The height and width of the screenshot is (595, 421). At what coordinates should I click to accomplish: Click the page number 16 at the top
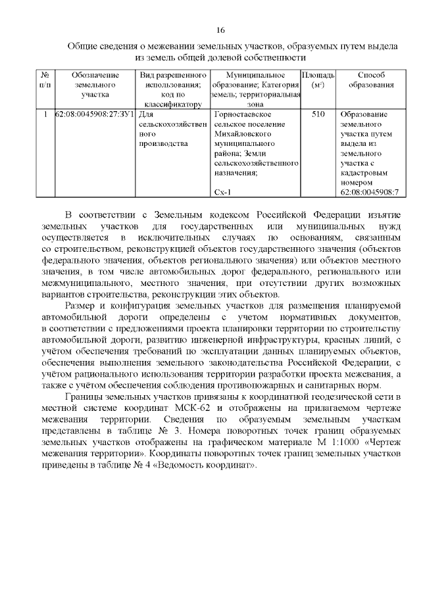[x=220, y=30]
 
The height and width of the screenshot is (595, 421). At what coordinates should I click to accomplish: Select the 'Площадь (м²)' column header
[x=318, y=80]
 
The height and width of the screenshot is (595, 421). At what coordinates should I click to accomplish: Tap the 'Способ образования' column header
[x=371, y=80]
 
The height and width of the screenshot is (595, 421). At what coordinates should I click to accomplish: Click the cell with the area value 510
[x=318, y=114]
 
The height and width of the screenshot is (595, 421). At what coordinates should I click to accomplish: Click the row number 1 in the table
[x=45, y=114]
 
